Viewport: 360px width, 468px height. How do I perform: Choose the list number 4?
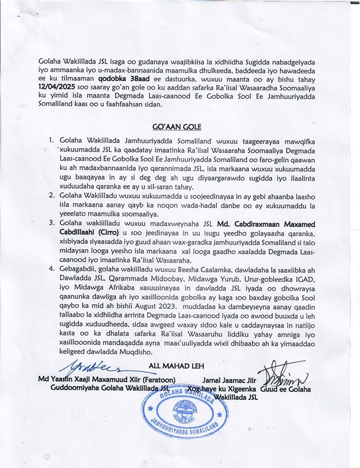[51, 269]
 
